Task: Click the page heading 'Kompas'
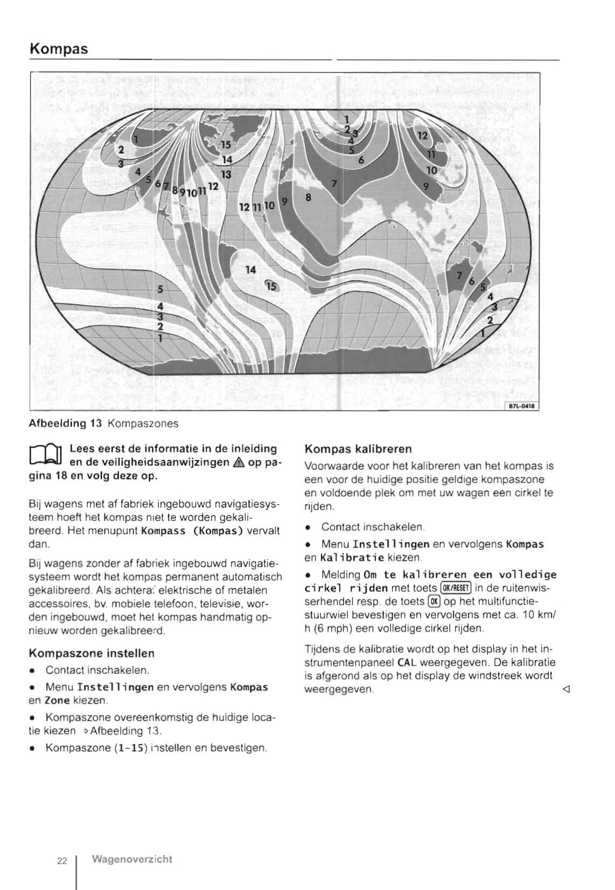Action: [x=59, y=49]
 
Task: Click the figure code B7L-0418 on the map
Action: [x=521, y=406]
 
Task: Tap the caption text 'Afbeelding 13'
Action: [x=65, y=423]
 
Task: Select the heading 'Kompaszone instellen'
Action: [x=92, y=653]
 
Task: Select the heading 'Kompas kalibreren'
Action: [x=358, y=449]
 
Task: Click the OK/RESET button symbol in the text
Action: [x=456, y=588]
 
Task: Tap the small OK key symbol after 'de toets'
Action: [x=434, y=601]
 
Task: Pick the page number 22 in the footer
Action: [x=62, y=861]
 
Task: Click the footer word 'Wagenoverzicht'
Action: [x=132, y=859]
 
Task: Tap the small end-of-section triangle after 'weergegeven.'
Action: [x=566, y=689]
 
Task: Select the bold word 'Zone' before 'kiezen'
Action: [x=57, y=701]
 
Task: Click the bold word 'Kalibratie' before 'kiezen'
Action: [x=352, y=557]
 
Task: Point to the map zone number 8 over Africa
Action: [x=308, y=197]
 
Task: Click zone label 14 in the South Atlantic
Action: [x=250, y=270]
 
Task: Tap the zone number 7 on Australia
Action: [x=459, y=276]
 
